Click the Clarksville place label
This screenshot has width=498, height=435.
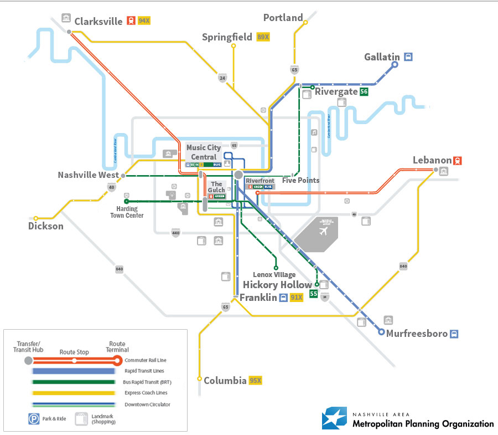[x=98, y=22]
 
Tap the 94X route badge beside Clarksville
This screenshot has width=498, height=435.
[x=144, y=21]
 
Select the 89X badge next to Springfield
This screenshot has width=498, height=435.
[x=263, y=37]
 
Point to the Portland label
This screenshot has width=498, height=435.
[x=283, y=18]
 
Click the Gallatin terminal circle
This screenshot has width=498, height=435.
[x=395, y=65]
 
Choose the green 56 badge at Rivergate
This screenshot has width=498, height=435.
[x=364, y=92]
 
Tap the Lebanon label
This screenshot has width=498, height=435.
[x=432, y=161]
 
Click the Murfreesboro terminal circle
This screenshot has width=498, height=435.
[x=381, y=332]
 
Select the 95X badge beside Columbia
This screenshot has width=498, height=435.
[x=255, y=381]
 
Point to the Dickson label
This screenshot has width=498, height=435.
[x=46, y=226]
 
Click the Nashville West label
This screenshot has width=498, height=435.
[x=88, y=175]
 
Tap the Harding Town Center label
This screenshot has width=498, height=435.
[x=130, y=212]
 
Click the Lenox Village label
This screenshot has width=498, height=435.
[x=274, y=274]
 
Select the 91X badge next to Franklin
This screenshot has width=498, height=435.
[x=297, y=298]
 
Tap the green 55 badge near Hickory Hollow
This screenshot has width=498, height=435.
[x=313, y=294]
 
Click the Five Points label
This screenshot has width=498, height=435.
[x=300, y=180]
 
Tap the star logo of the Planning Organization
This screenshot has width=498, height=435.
[x=334, y=419]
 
